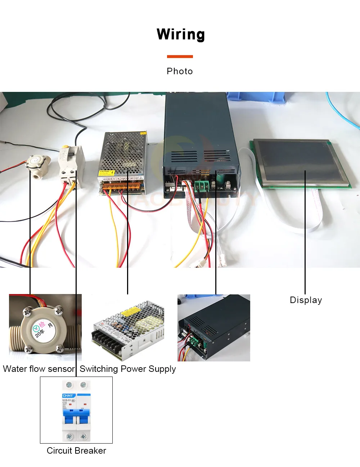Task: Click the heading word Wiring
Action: pyautogui.click(x=181, y=35)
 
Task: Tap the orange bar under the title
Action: pyautogui.click(x=180, y=57)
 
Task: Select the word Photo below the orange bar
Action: pyautogui.click(x=180, y=71)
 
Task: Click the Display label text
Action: pyautogui.click(x=306, y=300)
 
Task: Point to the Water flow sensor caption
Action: pyautogui.click(x=39, y=369)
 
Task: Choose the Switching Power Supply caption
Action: pyautogui.click(x=128, y=369)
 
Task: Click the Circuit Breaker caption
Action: pyautogui.click(x=76, y=451)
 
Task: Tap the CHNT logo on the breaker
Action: pyautogui.click(x=68, y=396)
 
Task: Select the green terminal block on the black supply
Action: pyautogui.click(x=202, y=186)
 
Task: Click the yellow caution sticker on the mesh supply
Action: pyautogui.click(x=107, y=173)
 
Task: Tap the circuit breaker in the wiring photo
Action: pyautogui.click(x=71, y=164)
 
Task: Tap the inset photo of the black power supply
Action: pyautogui.click(x=214, y=328)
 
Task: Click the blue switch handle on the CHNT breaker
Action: pyautogui.click(x=76, y=416)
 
